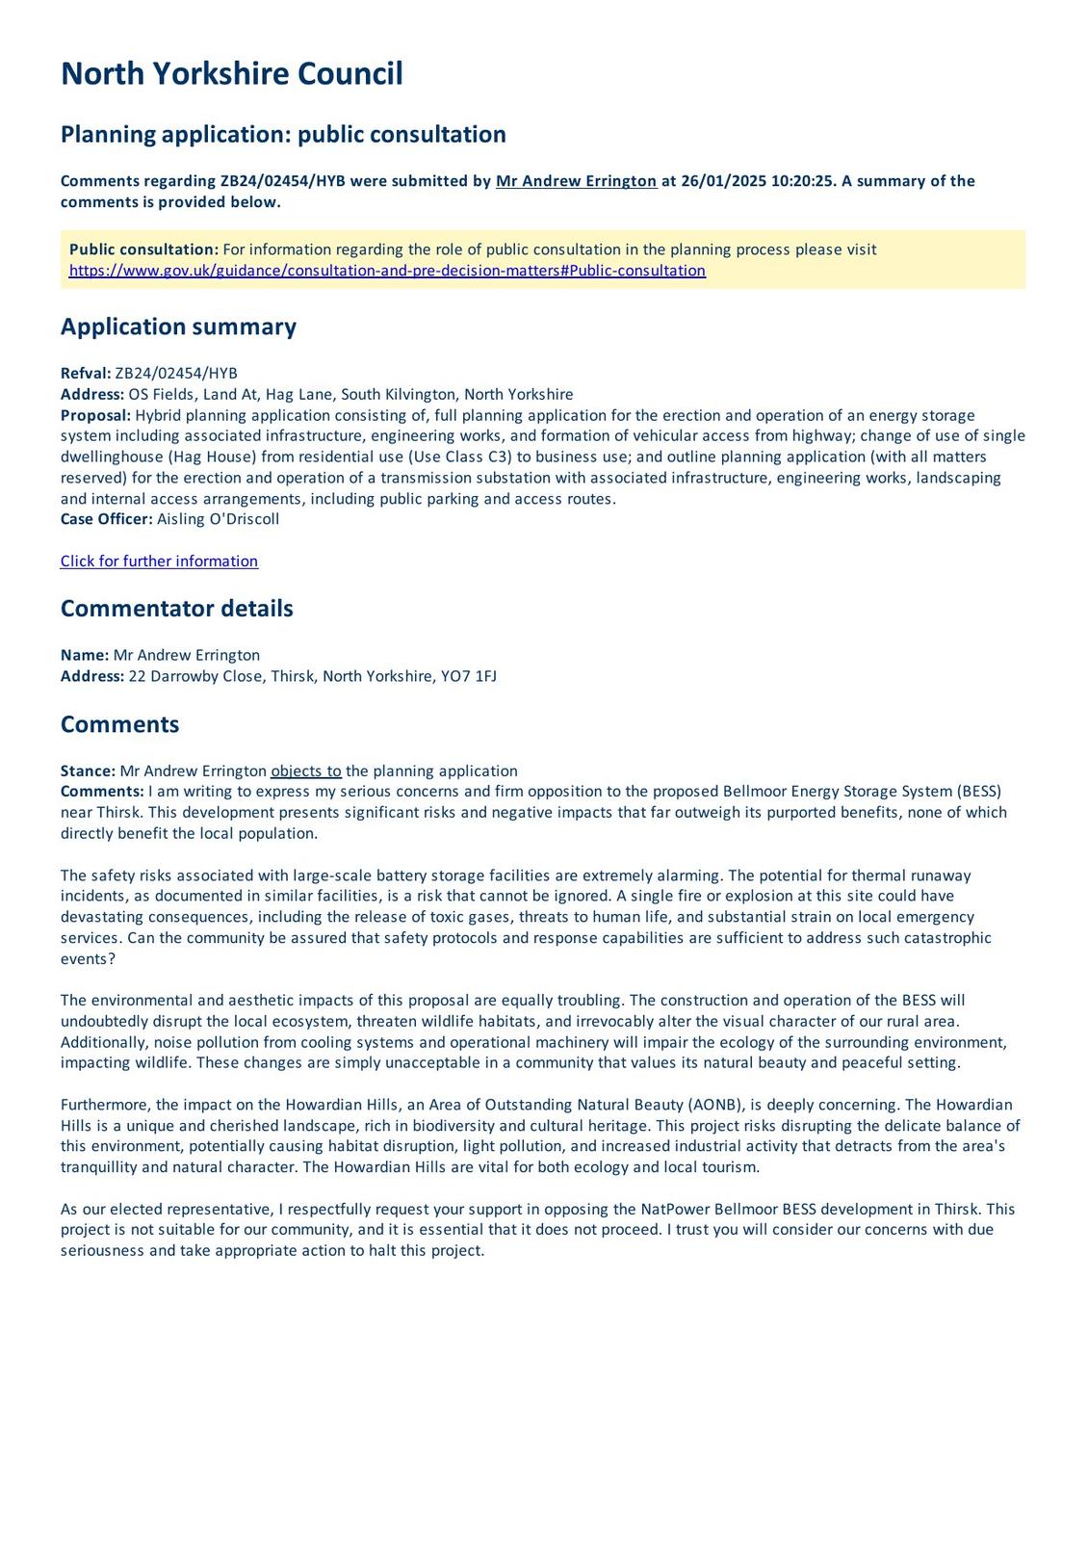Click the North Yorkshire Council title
click(x=231, y=74)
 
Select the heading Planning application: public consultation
click(x=283, y=134)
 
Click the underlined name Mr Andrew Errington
click(x=576, y=181)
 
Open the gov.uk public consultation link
click(x=387, y=271)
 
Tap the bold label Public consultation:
click(x=143, y=249)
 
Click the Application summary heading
click(x=178, y=326)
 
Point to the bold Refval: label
click(x=86, y=374)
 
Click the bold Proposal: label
click(x=95, y=415)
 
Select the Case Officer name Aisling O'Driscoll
click(x=218, y=519)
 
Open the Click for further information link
click(x=159, y=562)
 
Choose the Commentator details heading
click(x=176, y=609)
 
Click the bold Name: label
click(x=85, y=655)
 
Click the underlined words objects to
click(x=306, y=770)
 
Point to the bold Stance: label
click(x=88, y=770)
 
